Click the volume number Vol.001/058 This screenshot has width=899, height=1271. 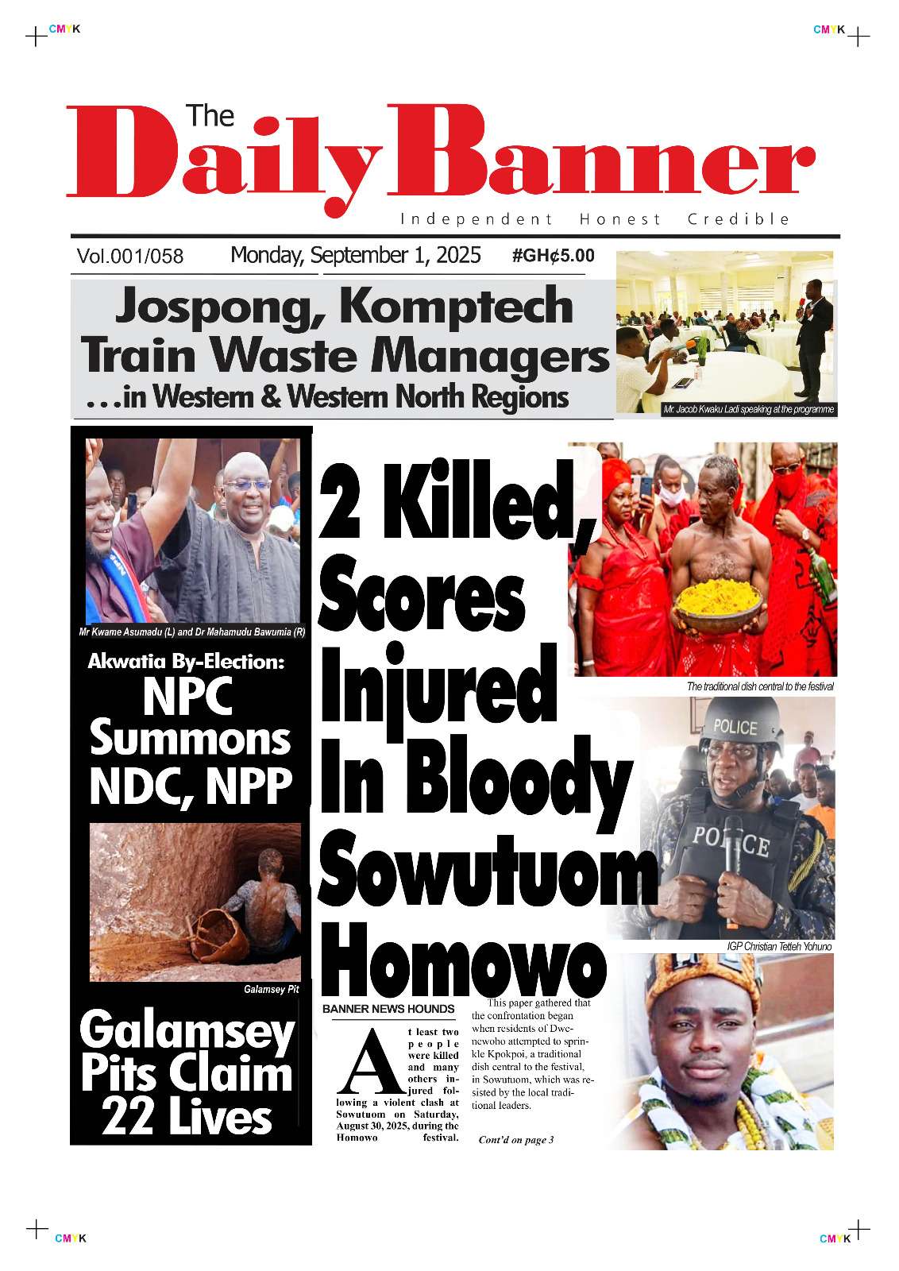point(130,257)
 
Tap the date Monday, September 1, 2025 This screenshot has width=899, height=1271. point(355,255)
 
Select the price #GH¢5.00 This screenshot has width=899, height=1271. point(553,256)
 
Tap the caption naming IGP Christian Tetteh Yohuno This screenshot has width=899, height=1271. point(779,947)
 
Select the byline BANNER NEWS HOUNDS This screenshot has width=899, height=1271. point(388,1009)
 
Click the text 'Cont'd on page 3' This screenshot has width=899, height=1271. point(515,1140)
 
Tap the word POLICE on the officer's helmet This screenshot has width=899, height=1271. point(735,726)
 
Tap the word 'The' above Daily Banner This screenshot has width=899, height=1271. point(210,117)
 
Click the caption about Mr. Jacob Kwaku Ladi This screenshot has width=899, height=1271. point(748,410)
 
